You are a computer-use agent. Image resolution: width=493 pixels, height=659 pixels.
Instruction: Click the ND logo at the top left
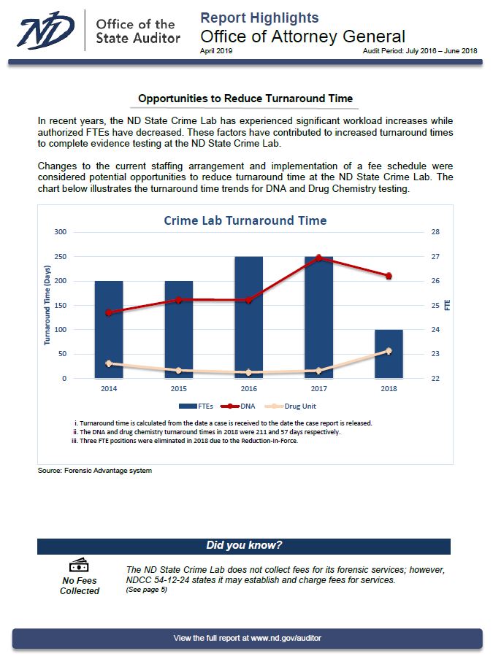pos(45,30)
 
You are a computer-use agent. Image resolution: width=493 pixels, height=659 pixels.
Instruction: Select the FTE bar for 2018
pos(389,354)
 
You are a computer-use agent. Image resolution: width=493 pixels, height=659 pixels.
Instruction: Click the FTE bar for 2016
pos(248,317)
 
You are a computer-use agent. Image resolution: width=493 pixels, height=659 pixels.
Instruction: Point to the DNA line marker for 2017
pos(318,258)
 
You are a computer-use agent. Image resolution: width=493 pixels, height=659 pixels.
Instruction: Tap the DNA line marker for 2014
pos(109,312)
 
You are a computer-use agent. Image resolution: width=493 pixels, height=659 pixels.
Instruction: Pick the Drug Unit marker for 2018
pos(389,351)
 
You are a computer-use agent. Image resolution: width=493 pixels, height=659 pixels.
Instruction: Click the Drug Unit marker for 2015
pos(179,370)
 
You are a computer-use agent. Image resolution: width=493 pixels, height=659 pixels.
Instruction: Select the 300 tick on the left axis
pos(60,232)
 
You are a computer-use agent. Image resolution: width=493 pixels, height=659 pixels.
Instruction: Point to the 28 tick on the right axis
pos(435,232)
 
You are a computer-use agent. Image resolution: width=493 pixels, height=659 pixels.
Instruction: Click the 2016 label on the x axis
pos(248,389)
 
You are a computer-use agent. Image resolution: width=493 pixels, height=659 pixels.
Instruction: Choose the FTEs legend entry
pos(196,406)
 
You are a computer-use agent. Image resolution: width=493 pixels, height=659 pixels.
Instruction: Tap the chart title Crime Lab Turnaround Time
pos(245,220)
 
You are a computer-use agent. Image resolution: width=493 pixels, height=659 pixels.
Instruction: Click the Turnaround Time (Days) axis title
pos(47,305)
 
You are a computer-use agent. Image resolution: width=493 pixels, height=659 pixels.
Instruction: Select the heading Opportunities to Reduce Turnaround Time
pos(245,99)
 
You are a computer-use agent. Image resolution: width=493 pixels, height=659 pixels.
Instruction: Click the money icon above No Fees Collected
pos(79,565)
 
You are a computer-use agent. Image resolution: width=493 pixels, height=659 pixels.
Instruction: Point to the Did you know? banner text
pos(244,546)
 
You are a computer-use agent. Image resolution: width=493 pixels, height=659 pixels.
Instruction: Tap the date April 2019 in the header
pos(216,51)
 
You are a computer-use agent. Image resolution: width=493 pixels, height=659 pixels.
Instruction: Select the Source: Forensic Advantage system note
pos(95,471)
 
